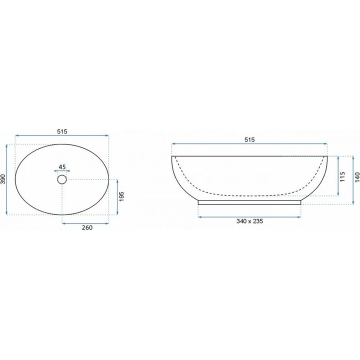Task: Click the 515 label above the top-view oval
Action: pyautogui.click(x=62, y=131)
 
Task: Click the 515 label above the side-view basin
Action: pyautogui.click(x=249, y=139)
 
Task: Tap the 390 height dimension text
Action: pyautogui.click(x=3, y=179)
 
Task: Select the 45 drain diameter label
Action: pyautogui.click(x=62, y=167)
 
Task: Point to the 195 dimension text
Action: pyautogui.click(x=121, y=196)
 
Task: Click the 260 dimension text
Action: pyautogui.click(x=87, y=227)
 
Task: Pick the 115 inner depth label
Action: pyautogui.click(x=342, y=176)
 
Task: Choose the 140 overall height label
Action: pyautogui.click(x=357, y=177)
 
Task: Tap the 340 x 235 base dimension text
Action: pyautogui.click(x=249, y=221)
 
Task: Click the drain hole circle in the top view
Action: pyautogui.click(x=62, y=176)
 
